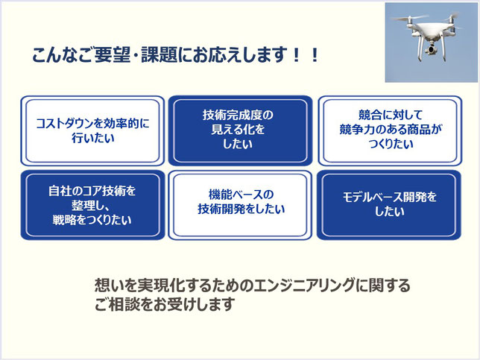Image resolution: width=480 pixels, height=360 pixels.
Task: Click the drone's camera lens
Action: click(432, 49)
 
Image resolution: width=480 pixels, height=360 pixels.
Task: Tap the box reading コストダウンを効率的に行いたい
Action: click(92, 130)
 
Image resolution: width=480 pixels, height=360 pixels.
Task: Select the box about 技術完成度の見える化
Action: click(240, 130)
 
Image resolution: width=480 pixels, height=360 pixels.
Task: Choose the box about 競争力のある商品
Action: click(390, 130)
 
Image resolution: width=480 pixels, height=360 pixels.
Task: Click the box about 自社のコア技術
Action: click(92, 205)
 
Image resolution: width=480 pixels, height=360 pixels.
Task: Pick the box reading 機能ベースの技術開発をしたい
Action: click(240, 205)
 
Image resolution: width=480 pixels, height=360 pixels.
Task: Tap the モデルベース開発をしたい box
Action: click(389, 205)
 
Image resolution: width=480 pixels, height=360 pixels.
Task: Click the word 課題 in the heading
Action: click(159, 55)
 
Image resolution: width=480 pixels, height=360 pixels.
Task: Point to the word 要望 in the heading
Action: click(113, 55)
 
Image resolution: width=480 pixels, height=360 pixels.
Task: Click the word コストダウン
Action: click(65, 124)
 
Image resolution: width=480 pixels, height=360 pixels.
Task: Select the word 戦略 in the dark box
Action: click(63, 220)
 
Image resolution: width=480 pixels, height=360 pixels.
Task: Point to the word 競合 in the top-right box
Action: click(370, 115)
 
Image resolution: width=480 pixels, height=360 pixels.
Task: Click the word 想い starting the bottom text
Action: click(105, 285)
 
